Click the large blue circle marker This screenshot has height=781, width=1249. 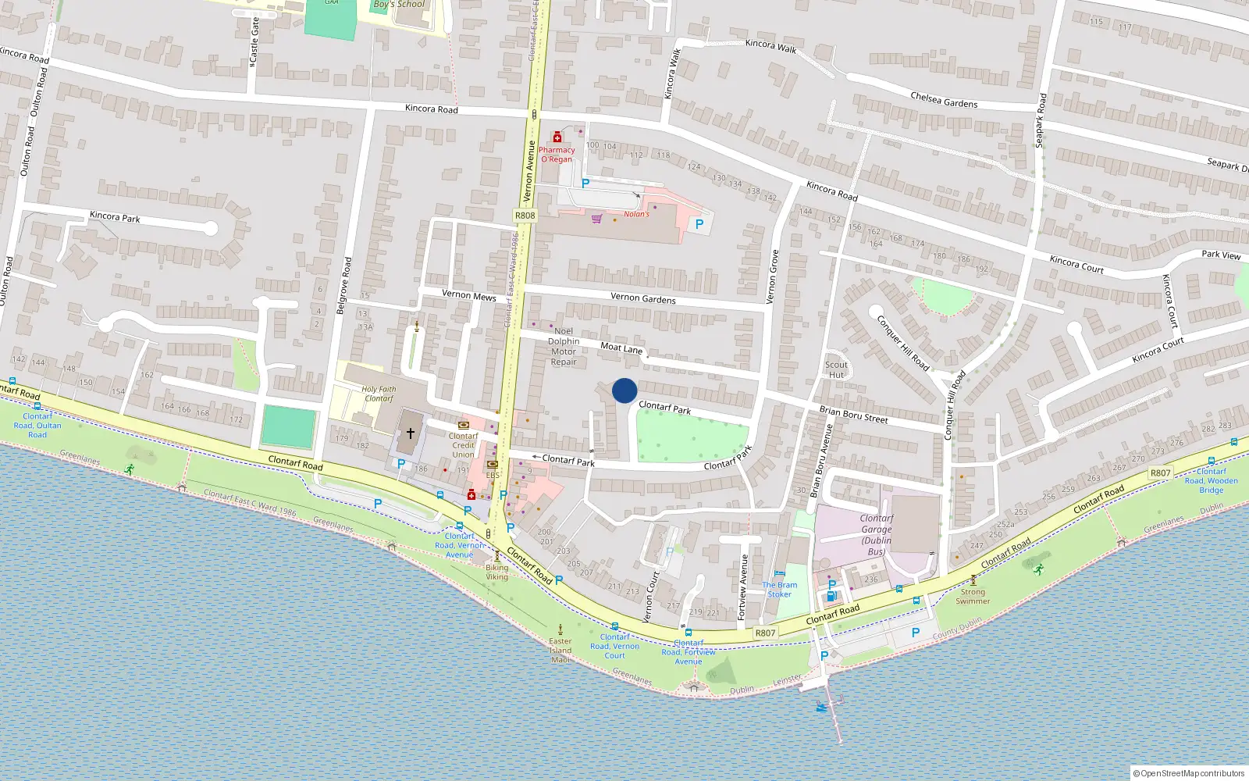pos(624,390)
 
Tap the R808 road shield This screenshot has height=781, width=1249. pos(525,216)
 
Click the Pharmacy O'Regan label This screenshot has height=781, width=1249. pos(557,154)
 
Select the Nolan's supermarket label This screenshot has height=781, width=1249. pos(636,214)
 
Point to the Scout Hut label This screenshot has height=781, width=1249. pos(836,369)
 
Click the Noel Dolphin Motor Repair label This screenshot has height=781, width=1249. pos(564,346)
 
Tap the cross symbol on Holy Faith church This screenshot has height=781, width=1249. pos(410,433)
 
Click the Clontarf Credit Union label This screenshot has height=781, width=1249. pos(463,445)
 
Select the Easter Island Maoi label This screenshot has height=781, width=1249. pos(560,650)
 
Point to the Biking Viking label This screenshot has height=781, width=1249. pos(496,572)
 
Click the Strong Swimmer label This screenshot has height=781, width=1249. pos(973,597)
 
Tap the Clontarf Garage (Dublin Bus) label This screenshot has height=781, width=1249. pos(877,534)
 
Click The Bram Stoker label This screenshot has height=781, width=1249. pos(780,589)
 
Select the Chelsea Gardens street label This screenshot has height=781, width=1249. pos(944,100)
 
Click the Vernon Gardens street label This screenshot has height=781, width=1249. pos(643,298)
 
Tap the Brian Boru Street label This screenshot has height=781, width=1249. pos(853,414)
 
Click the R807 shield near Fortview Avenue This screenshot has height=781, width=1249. pos(765,633)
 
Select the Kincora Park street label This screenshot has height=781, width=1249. pos(115,216)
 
